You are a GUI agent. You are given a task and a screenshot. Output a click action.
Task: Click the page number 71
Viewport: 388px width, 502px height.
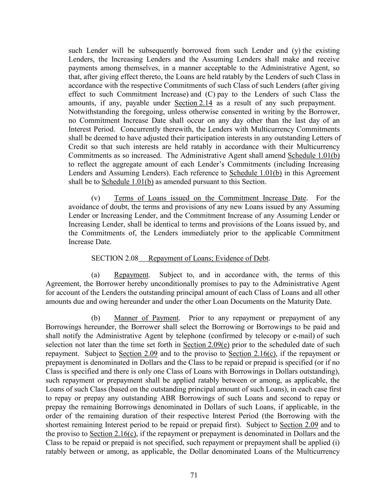tap(194, 475)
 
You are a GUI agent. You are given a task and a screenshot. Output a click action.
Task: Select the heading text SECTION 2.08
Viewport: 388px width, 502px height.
tap(115, 258)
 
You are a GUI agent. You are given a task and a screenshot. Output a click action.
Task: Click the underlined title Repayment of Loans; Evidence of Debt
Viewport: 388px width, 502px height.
tap(208, 258)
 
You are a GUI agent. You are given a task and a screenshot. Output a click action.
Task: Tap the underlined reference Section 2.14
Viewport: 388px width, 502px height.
tap(193, 103)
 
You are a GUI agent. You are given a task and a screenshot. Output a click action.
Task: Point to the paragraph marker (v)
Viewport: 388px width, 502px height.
tap(96, 198)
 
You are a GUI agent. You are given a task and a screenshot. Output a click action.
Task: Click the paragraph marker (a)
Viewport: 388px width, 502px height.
tap(96, 275)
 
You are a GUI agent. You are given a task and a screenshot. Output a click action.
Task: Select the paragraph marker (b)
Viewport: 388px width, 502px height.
tap(96, 318)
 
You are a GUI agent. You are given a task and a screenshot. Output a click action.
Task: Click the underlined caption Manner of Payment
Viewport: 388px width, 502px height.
tap(146, 318)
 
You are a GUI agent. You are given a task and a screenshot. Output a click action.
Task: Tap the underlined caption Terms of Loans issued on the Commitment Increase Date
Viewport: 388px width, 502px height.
tap(210, 198)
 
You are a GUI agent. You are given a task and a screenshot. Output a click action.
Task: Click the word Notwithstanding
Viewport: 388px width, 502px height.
tap(92, 112)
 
